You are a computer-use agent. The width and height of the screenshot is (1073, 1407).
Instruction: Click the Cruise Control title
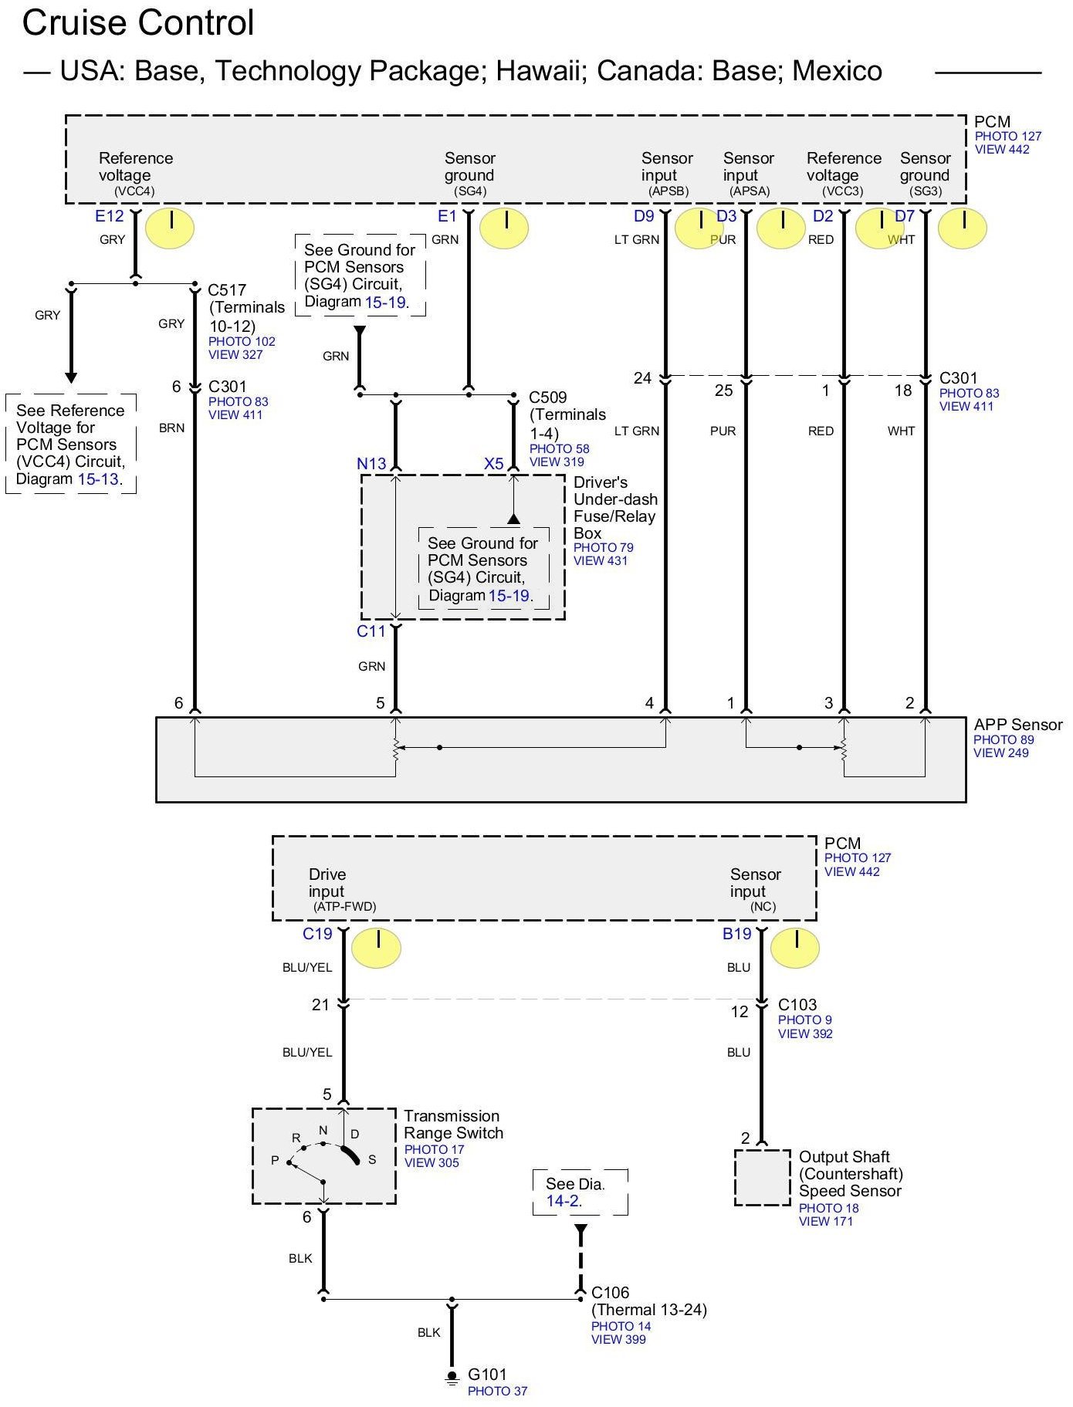[x=138, y=23]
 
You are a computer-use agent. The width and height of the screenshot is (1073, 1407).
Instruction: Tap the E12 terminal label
[x=109, y=216]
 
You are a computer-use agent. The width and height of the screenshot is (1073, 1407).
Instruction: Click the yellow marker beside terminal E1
[x=504, y=228]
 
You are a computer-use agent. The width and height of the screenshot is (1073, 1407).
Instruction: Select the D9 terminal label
[x=644, y=216]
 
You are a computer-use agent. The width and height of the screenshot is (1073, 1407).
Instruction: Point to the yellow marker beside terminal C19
[x=376, y=947]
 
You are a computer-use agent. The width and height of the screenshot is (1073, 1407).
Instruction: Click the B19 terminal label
[x=736, y=934]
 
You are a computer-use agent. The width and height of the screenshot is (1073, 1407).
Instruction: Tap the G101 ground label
[x=487, y=1374]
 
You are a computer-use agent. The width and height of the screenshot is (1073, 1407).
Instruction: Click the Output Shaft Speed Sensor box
[x=762, y=1178]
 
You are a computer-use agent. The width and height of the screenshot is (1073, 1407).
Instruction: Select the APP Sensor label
[x=1017, y=725]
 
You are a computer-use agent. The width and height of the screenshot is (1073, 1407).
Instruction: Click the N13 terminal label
[x=371, y=463]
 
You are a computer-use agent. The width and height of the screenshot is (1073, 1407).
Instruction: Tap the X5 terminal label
[x=493, y=463]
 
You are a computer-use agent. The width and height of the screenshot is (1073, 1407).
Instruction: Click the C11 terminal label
[x=371, y=631]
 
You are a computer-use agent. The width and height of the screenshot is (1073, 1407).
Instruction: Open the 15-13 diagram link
[x=98, y=479]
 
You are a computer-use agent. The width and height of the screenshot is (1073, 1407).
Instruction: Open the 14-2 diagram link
[x=562, y=1201]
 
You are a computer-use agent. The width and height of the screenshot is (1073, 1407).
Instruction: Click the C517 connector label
[x=227, y=290]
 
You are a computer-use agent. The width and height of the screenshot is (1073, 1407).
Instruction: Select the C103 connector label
[x=797, y=1004]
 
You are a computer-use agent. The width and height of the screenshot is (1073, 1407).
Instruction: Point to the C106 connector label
[x=610, y=1292]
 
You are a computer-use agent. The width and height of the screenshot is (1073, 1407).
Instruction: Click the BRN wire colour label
[x=171, y=428]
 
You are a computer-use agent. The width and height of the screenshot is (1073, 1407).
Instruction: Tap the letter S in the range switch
[x=372, y=1159]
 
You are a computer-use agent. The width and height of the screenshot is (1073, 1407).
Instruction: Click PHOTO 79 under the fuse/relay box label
[x=603, y=547]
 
